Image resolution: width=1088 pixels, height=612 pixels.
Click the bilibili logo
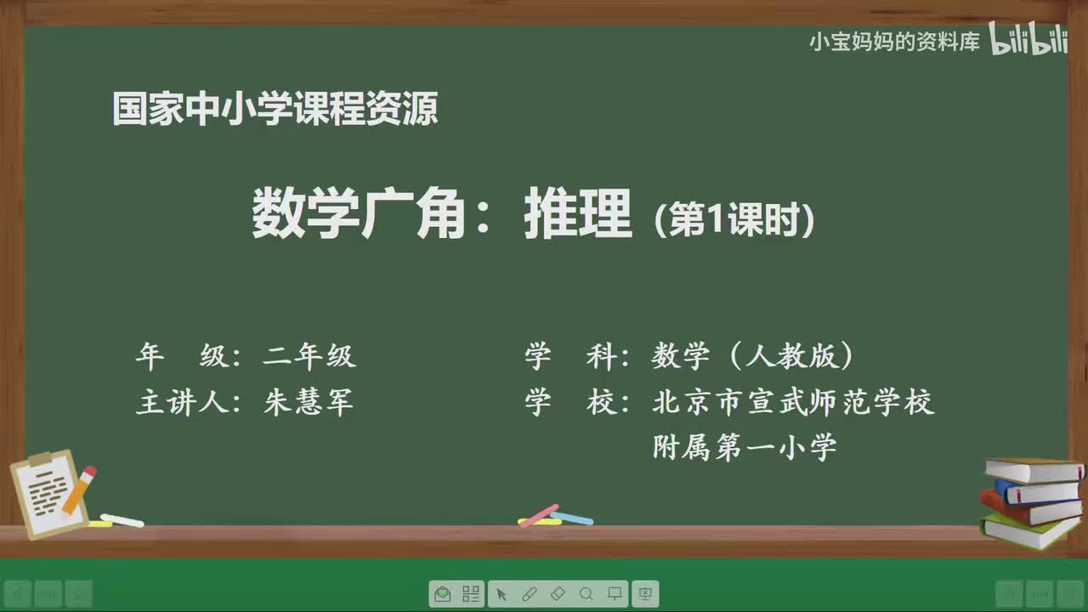click(1029, 41)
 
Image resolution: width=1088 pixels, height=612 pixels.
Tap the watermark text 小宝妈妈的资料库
click(894, 42)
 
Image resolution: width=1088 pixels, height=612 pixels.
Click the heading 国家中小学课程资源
click(275, 110)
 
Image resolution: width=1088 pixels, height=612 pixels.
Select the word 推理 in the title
click(578, 216)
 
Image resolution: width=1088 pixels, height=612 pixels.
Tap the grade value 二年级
click(309, 356)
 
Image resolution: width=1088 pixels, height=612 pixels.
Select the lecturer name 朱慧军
click(309, 402)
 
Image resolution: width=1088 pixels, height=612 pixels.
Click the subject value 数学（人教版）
click(753, 357)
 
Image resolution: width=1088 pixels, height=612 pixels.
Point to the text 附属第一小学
click(745, 447)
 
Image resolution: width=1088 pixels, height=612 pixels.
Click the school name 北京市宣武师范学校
click(793, 402)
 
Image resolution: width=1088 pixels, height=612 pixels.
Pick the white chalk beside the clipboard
click(122, 520)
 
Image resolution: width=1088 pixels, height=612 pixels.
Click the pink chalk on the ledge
click(539, 515)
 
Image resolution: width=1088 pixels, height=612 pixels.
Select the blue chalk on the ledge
click(573, 518)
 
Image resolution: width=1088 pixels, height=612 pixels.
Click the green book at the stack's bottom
click(1029, 530)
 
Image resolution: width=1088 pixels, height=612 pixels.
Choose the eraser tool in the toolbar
click(558, 593)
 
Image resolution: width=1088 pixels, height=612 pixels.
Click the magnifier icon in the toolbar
click(586, 593)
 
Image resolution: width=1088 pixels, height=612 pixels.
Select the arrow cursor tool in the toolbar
click(501, 593)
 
